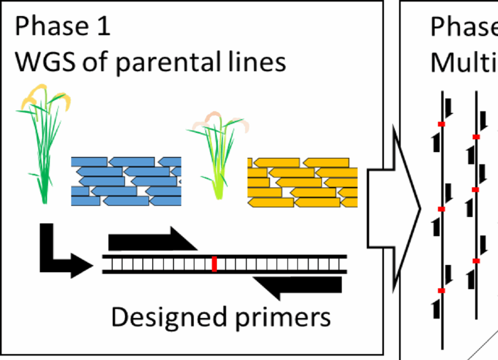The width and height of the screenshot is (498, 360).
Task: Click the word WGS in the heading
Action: click(x=45, y=62)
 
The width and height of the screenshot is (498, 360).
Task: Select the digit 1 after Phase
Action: click(x=103, y=26)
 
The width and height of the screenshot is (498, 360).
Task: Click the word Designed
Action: click(x=169, y=317)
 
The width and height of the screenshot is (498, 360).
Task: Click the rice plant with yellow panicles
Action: click(x=44, y=141)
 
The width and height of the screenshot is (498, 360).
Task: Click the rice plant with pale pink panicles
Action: click(x=218, y=155)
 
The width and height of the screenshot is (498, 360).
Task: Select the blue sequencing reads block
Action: click(x=126, y=181)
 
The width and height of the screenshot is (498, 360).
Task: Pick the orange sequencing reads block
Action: click(x=302, y=182)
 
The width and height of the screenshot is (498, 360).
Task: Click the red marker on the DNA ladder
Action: click(x=214, y=264)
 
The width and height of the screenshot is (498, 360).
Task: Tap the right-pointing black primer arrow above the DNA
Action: click(x=151, y=240)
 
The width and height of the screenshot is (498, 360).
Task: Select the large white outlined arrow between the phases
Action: click(x=394, y=209)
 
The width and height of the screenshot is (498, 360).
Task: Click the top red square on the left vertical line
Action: click(x=441, y=124)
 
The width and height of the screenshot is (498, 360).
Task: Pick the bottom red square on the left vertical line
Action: click(x=441, y=291)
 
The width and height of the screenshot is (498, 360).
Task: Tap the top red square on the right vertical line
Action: click(x=476, y=137)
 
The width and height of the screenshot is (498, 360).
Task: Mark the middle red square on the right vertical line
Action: click(x=476, y=190)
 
